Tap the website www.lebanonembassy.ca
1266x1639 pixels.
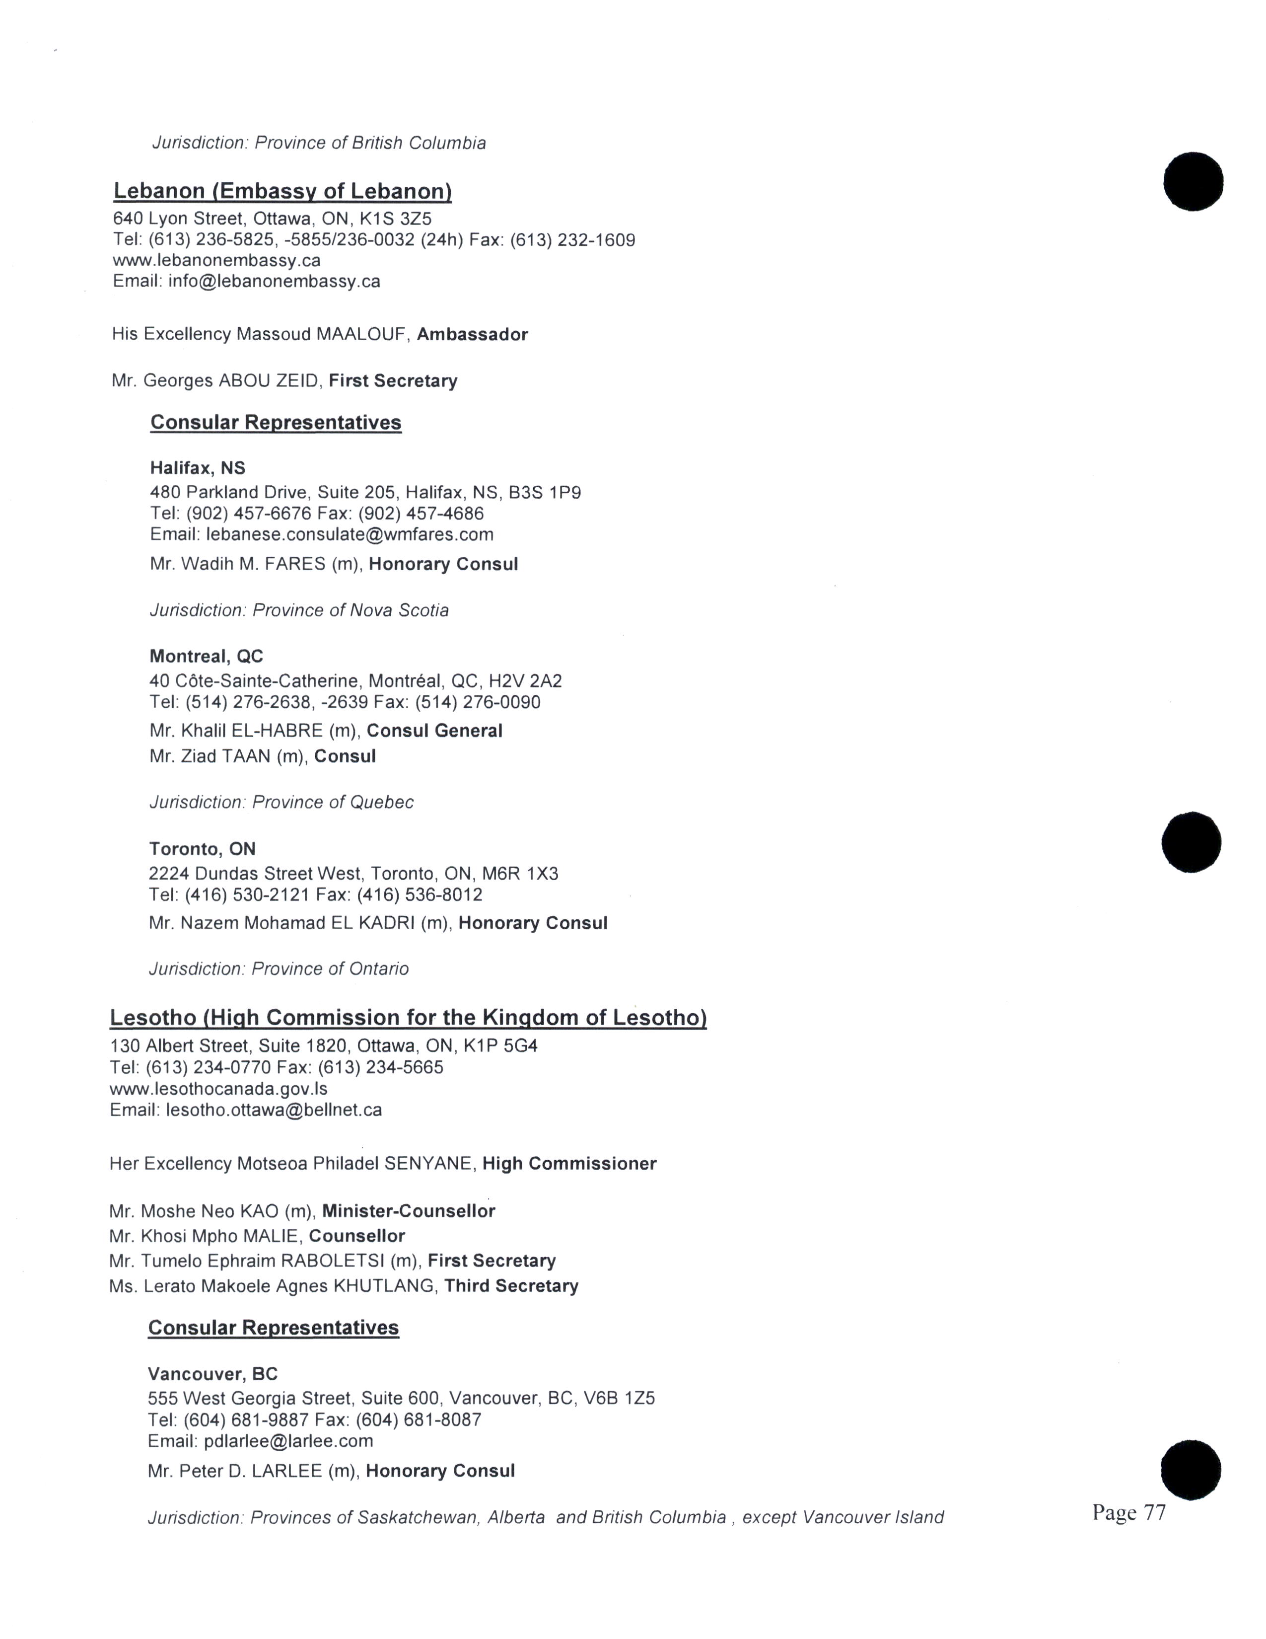tap(217, 260)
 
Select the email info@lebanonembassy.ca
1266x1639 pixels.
tap(274, 282)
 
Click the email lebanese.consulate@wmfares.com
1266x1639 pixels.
tap(350, 534)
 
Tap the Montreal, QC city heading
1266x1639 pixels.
tap(206, 657)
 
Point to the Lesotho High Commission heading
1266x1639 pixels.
tap(408, 1018)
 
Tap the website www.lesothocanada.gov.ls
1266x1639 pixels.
tap(218, 1088)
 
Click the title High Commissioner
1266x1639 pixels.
tap(569, 1164)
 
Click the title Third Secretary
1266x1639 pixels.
tap(511, 1286)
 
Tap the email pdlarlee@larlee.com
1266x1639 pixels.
tap(288, 1441)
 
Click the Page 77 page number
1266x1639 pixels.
tap(1129, 1512)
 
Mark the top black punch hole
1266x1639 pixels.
tap(1193, 182)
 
